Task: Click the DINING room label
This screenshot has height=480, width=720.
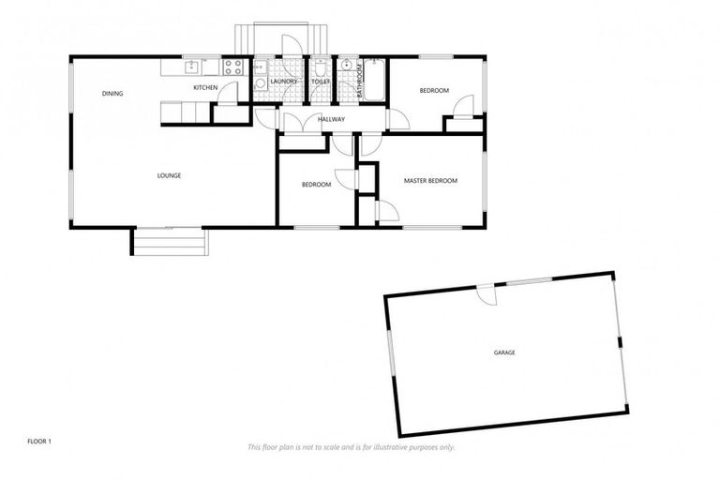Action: (112, 94)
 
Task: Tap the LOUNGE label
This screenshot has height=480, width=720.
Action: (169, 175)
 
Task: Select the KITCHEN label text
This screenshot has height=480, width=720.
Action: (205, 88)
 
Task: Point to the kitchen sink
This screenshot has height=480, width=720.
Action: (191, 67)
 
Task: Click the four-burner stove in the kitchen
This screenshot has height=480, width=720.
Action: (232, 67)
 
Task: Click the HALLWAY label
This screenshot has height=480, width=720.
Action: (332, 120)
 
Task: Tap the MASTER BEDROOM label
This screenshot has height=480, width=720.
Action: (430, 180)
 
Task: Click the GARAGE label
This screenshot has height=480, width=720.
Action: (504, 352)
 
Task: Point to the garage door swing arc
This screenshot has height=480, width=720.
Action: (486, 296)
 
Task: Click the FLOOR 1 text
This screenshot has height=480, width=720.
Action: (38, 440)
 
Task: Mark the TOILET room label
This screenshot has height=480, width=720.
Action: (321, 82)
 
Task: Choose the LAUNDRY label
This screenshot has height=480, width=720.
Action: (283, 82)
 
